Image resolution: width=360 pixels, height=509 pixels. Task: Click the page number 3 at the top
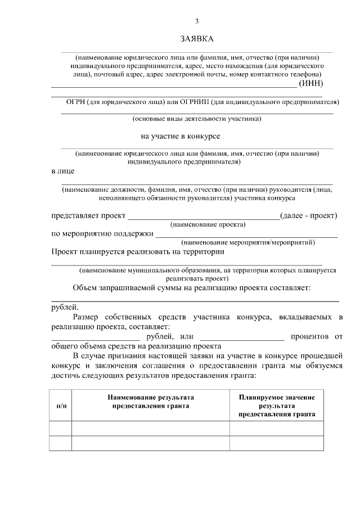click(197, 21)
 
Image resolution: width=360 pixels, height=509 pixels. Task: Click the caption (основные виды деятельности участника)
click(197, 119)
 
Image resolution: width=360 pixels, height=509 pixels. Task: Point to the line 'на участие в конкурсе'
click(181, 136)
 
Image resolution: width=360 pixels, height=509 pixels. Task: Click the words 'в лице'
click(62, 170)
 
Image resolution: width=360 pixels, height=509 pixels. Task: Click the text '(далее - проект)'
click(308, 215)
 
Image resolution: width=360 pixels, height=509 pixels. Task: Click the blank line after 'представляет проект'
click(203, 218)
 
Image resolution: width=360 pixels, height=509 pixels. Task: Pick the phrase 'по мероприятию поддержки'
click(102, 233)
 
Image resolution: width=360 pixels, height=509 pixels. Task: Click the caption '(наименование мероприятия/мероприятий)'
click(247, 242)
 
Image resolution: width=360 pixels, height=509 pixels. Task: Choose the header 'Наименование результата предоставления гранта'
click(150, 401)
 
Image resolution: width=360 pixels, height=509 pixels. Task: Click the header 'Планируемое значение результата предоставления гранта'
click(276, 406)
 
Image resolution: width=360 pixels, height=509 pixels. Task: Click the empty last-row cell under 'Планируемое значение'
click(276, 443)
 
